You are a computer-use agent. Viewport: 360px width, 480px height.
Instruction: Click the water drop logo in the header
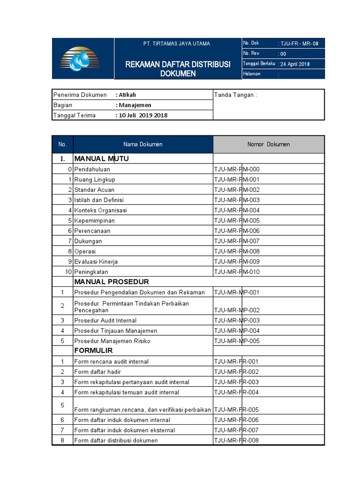[80, 59]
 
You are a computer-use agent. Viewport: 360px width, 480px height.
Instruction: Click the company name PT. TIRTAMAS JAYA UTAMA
[177, 44]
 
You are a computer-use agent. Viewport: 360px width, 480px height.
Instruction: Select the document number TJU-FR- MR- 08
[299, 44]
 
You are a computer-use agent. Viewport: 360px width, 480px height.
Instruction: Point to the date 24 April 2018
[295, 64]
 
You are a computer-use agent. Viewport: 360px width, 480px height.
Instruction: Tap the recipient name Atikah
[127, 95]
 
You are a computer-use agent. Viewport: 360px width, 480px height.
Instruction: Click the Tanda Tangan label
[235, 95]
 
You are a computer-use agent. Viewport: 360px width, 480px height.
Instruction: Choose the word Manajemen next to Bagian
[135, 105]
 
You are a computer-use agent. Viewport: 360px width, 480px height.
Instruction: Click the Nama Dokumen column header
[143, 144]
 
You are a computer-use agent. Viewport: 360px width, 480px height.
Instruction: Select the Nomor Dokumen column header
[269, 144]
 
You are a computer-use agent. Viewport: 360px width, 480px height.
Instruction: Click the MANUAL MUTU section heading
[101, 158]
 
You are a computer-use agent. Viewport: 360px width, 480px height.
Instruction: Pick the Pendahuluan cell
[92, 169]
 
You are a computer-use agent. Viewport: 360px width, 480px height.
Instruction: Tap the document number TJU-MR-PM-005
[237, 220]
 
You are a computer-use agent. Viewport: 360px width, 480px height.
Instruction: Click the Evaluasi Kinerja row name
[96, 262]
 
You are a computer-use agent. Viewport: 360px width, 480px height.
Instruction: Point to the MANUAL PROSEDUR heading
[112, 282]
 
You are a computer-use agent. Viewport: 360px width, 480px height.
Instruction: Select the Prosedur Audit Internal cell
[105, 321]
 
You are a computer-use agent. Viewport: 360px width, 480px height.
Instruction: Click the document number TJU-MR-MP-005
[237, 341]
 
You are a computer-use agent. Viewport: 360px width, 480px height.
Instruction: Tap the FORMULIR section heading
[93, 351]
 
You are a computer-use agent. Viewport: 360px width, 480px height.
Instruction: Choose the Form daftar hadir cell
[97, 372]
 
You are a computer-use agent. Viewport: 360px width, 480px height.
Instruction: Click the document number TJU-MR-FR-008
[237, 440]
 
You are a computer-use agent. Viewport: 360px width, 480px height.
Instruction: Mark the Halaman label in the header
[252, 74]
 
